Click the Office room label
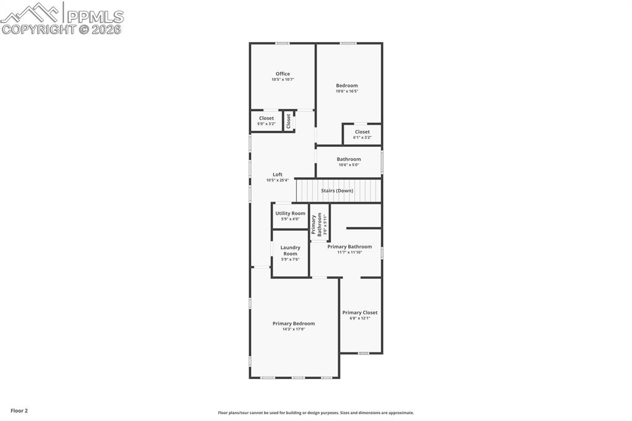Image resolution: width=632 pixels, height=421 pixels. tap(283, 74)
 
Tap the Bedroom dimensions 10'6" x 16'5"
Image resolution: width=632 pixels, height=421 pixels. tap(346, 91)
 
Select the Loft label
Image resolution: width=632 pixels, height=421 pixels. tap(278, 175)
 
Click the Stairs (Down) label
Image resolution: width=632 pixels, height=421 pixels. tap(337, 191)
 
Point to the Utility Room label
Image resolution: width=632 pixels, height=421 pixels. tap(290, 214)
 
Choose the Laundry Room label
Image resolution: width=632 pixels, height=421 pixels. tap(290, 251)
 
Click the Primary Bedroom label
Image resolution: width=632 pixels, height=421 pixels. tap(294, 323)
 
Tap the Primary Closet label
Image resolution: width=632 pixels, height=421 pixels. tap(360, 312)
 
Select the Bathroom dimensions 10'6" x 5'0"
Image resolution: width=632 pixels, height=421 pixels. tap(349, 165)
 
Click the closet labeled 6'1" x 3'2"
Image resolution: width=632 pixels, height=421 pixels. tap(362, 134)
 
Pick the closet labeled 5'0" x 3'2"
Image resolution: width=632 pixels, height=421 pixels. tap(267, 121)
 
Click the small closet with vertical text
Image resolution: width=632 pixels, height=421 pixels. tap(288, 121)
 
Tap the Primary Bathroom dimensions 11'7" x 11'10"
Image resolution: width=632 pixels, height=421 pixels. tap(349, 252)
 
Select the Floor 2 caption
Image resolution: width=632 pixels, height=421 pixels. tap(19, 411)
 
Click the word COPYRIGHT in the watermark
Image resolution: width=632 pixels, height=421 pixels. tap(38, 29)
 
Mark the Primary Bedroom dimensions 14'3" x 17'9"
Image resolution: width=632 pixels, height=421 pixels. tap(294, 329)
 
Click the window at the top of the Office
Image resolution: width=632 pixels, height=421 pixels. tap(283, 43)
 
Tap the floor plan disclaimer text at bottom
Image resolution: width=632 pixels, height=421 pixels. tap(315, 413)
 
